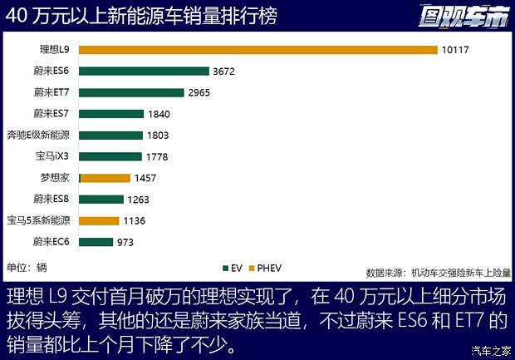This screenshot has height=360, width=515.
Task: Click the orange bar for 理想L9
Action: pos(257,50)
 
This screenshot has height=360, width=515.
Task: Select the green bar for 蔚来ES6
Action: pos(143,72)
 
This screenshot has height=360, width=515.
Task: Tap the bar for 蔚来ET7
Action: pos(130,92)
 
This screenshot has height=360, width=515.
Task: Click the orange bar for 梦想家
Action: pos(105,178)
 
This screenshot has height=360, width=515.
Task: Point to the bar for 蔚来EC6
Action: pos(96,242)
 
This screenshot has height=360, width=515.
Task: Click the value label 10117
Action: pos(456,50)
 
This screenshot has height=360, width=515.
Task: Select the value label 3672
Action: pos(224,72)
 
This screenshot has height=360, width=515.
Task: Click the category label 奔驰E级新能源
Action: pos(40,136)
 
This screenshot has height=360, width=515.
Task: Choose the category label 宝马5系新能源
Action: pos(40,220)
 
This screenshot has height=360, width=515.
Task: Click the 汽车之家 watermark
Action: pos(490,349)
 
